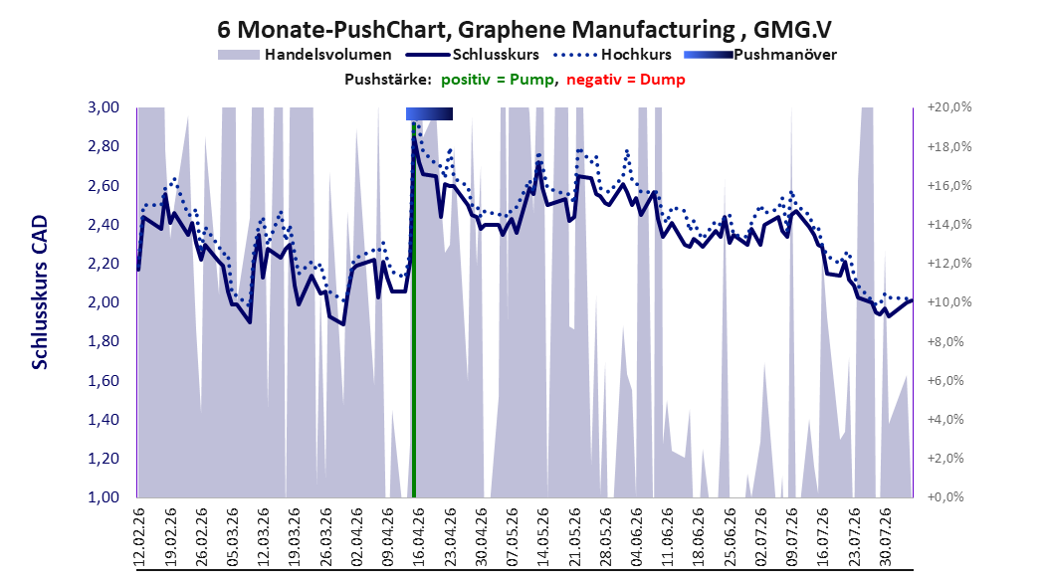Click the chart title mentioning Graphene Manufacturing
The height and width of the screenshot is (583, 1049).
(x=524, y=30)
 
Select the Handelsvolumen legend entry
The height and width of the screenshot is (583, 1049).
(x=306, y=55)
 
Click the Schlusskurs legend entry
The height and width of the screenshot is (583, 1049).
(x=473, y=55)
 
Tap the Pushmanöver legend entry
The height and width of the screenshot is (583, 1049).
(x=760, y=55)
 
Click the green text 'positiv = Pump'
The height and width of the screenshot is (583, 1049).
(x=497, y=80)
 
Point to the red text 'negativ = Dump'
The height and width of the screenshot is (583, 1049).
(x=626, y=80)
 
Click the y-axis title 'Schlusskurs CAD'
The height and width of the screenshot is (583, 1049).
(x=40, y=292)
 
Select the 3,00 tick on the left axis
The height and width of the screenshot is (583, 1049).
(x=104, y=107)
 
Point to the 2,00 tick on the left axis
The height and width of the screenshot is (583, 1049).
(x=104, y=302)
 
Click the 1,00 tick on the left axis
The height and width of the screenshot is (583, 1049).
(x=104, y=497)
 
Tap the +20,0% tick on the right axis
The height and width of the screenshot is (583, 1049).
(x=949, y=107)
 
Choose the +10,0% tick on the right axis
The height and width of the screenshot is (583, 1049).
(x=949, y=302)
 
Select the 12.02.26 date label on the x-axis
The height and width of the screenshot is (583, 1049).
(x=139, y=536)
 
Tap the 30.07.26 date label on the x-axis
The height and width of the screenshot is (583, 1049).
(x=885, y=536)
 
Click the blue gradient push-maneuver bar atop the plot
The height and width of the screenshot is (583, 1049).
(x=430, y=113)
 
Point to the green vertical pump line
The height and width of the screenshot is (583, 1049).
(x=413, y=309)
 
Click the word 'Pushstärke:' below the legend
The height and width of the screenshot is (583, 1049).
(x=388, y=80)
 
